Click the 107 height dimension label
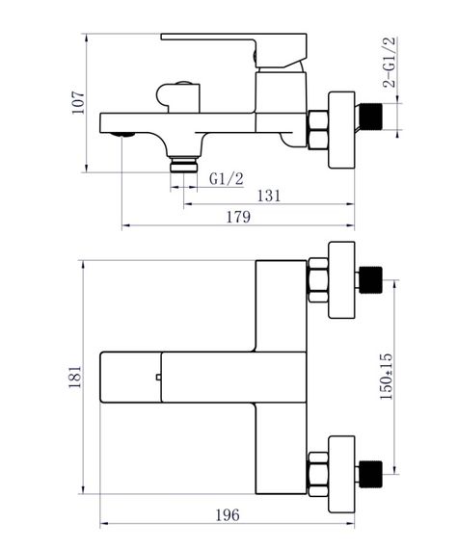(x=78, y=103)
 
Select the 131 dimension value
(x=269, y=196)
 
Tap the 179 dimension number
(x=238, y=217)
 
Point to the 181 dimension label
(x=75, y=378)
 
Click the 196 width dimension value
(x=228, y=515)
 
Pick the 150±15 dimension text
(x=386, y=377)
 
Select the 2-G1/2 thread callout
(x=390, y=62)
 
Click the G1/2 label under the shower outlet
(x=226, y=178)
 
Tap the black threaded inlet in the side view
(x=371, y=117)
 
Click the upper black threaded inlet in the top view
(x=371, y=279)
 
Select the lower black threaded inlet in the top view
(x=371, y=474)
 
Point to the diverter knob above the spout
(x=178, y=97)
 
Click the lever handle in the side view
(x=234, y=50)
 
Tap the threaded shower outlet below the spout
(x=183, y=165)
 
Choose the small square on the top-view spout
(x=158, y=378)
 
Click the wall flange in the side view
(x=341, y=130)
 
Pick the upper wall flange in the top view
(x=341, y=279)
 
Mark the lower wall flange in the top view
(x=341, y=474)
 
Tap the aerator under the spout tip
(x=122, y=135)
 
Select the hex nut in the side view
(x=318, y=130)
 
